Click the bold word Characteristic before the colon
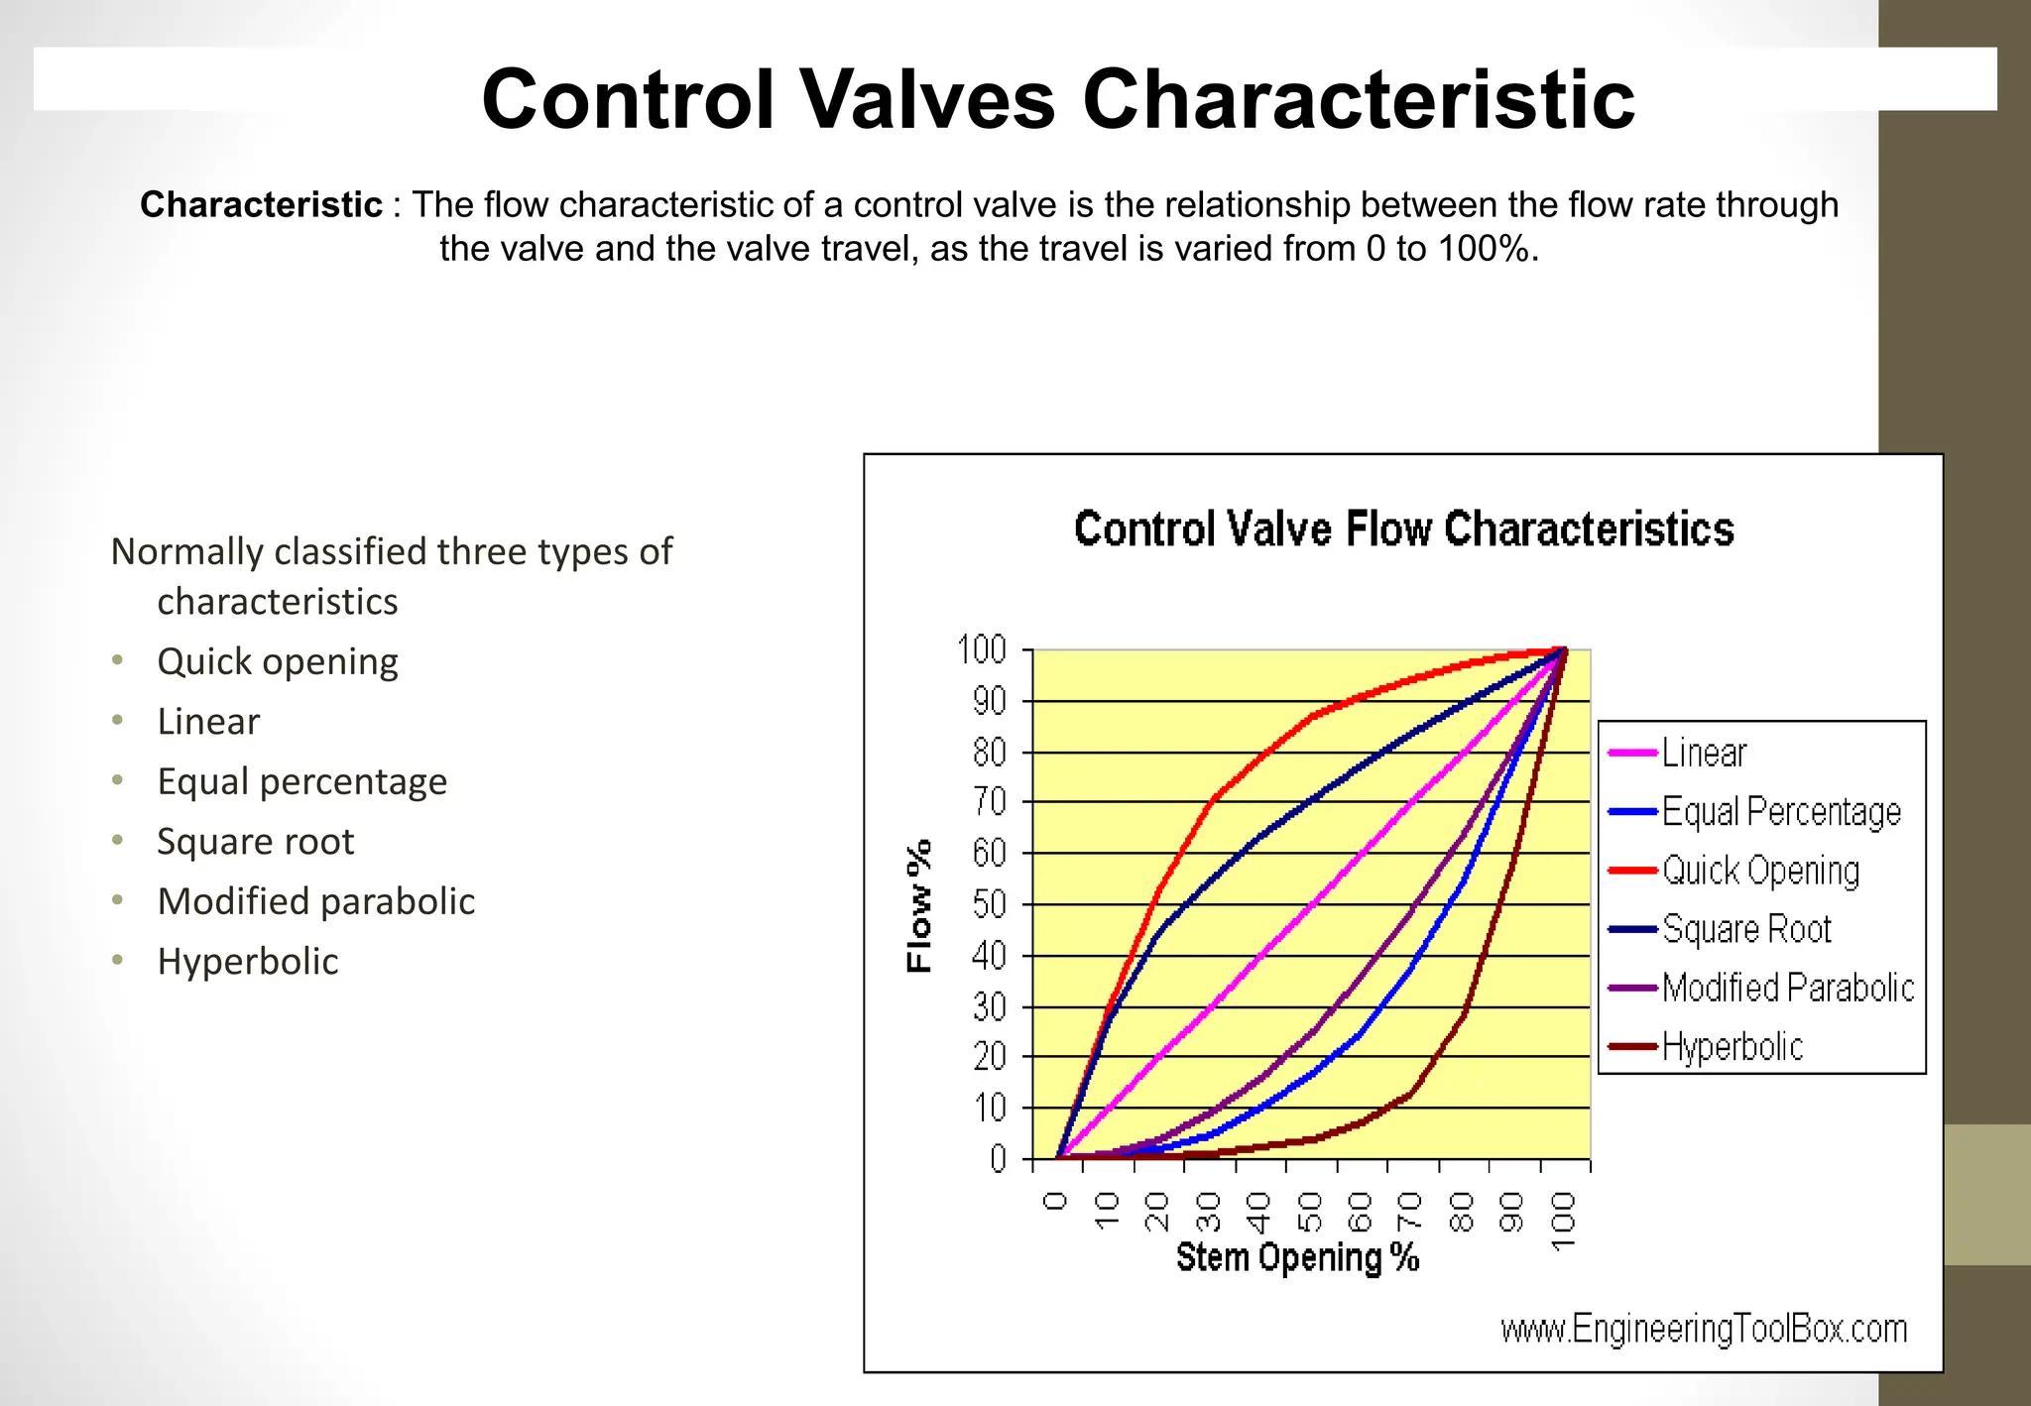[261, 204]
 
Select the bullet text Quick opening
[278, 661]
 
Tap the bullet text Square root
[255, 842]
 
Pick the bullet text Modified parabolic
[315, 901]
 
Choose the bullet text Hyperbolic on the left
[248, 962]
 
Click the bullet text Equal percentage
[301, 781]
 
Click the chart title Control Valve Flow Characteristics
[1403, 528]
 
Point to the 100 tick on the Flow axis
[982, 650]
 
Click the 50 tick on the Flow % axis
[990, 904]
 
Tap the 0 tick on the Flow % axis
[998, 1158]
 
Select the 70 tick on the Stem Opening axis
[1409, 1212]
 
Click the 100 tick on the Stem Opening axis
[1562, 1221]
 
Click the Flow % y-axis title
[919, 905]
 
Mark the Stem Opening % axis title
[1297, 1257]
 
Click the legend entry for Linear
[1704, 753]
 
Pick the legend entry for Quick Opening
[1760, 871]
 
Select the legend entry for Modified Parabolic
[1787, 988]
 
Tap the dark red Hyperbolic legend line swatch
[1631, 1046]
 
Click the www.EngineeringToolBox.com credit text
[1704, 1329]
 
